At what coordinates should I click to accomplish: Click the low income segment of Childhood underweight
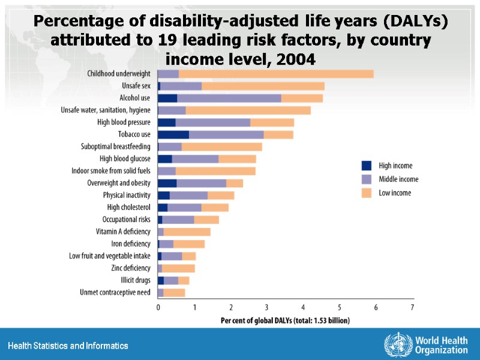tap(276, 74)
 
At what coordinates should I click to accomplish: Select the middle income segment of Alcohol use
tap(229, 98)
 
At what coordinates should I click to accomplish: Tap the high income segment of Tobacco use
tap(173, 134)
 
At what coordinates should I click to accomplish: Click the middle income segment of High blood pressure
tap(213, 122)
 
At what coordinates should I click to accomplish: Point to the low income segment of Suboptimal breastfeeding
tap(222, 146)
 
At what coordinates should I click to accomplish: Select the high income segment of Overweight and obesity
tap(167, 183)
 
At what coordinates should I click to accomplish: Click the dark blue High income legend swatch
tap(367, 166)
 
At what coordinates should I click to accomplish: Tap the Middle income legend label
tap(398, 179)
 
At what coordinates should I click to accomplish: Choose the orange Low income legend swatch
tap(367, 193)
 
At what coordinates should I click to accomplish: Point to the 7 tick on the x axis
tap(412, 307)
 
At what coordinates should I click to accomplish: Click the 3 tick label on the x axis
tap(267, 307)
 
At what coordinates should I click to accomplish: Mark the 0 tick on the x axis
tap(158, 307)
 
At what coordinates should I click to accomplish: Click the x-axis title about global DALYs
tap(285, 320)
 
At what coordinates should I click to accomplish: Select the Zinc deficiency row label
tap(131, 268)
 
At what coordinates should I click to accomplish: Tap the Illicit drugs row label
tap(134, 280)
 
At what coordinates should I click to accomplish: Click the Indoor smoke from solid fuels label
tap(111, 171)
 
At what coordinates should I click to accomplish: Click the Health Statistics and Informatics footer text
tap(68, 346)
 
